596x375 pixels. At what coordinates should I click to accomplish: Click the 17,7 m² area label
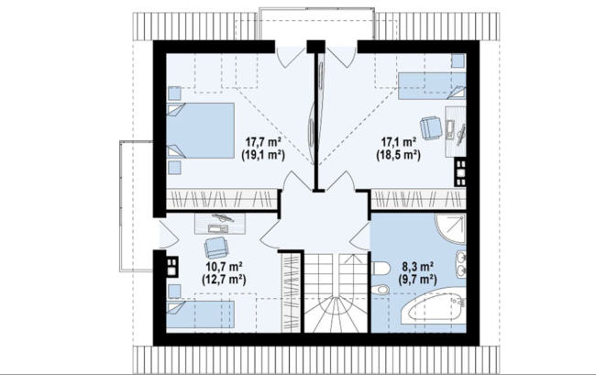[263, 143]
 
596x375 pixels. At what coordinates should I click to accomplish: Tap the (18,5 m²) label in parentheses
[398, 155]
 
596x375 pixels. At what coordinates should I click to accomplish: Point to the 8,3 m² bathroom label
[417, 267]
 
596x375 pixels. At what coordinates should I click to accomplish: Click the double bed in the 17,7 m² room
[200, 130]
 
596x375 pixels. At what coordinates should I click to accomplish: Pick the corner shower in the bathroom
[451, 228]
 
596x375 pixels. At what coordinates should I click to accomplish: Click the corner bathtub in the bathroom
[434, 310]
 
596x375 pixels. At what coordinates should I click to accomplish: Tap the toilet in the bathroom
[381, 269]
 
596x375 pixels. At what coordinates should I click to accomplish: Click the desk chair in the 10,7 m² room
[215, 248]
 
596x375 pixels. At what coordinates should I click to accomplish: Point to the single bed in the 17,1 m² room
[432, 86]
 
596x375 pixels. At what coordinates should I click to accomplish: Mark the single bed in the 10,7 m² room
[200, 314]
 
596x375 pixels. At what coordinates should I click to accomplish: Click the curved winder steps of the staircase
[336, 314]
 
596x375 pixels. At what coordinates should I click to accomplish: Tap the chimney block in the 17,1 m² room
[460, 173]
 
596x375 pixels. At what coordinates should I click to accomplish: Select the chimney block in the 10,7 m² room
[171, 266]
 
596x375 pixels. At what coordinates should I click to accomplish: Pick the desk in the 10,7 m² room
[220, 224]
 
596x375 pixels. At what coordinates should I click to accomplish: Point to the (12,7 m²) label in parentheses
[225, 280]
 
